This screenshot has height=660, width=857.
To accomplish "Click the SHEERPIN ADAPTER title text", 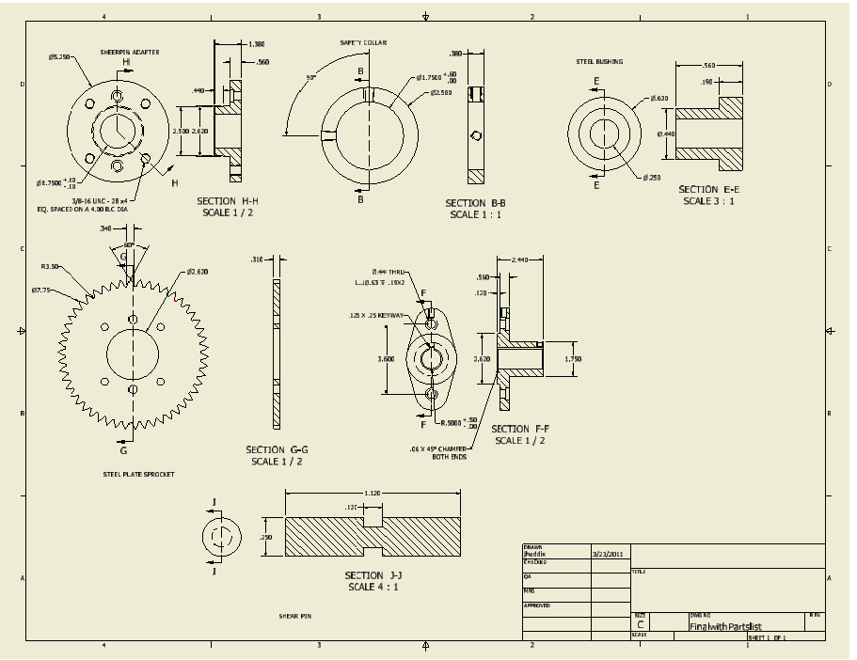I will (x=130, y=52).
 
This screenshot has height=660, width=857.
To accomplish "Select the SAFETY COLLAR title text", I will (x=363, y=43).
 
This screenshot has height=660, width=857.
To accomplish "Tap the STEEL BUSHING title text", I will (x=599, y=62).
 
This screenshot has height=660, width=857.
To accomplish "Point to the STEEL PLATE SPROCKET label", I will (x=138, y=474).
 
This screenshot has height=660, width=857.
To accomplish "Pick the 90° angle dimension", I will (x=311, y=78).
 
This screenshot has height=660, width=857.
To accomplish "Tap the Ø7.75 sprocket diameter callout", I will (x=40, y=290).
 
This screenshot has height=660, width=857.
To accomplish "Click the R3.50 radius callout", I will (x=50, y=267).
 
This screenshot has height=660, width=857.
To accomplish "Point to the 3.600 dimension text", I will (x=387, y=359).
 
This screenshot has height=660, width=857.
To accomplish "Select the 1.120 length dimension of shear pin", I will (x=373, y=494).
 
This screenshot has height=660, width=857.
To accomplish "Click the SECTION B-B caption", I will (x=475, y=203).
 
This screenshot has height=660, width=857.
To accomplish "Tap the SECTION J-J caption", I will (x=373, y=575).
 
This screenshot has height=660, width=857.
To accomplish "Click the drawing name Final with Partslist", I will (x=724, y=625).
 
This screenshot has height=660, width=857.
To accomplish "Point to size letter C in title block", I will (x=641, y=624).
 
